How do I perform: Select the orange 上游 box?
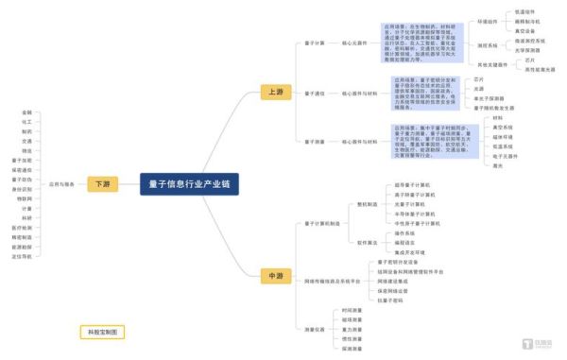(x=275, y=93)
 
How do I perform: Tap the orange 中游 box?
(x=275, y=276)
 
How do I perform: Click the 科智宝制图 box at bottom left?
(x=101, y=333)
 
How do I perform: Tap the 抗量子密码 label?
(x=390, y=300)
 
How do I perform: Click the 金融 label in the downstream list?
(x=26, y=112)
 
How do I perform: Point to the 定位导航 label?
(x=22, y=256)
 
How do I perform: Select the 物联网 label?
(x=24, y=198)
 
